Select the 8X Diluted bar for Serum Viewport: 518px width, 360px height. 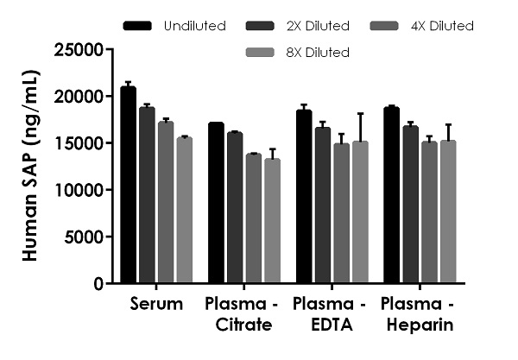183,211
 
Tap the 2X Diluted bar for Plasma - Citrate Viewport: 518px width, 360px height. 234,208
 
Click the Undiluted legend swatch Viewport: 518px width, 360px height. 138,26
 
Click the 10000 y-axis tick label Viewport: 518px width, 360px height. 78,190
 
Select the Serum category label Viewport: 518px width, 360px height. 156,304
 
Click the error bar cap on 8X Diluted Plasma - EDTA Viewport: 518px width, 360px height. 359,113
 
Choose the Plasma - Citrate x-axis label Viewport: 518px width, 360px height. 239,314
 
